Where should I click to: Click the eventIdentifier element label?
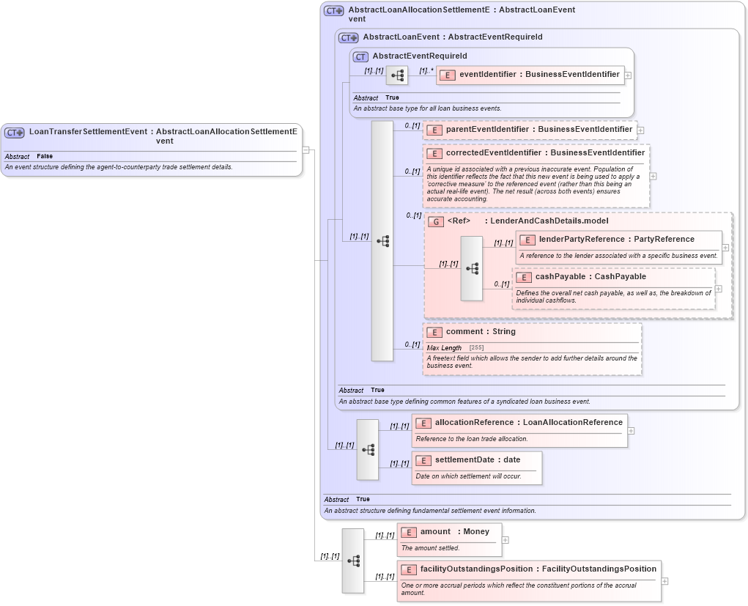(x=538, y=74)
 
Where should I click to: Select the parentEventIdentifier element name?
(x=538, y=130)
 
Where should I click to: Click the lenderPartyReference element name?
(x=616, y=239)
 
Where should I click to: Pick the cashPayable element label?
(x=590, y=277)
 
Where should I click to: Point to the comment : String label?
(x=480, y=332)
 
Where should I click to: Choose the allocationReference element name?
(x=528, y=423)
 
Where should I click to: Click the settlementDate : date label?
(x=477, y=460)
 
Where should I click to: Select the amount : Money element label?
(x=454, y=532)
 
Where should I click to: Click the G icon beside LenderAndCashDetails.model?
(x=436, y=221)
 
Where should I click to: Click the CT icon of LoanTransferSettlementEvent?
(x=15, y=133)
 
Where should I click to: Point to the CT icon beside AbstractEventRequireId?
(x=360, y=56)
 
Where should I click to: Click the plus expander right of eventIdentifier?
(x=628, y=75)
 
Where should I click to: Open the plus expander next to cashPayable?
(x=719, y=289)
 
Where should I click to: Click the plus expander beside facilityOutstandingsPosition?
(x=664, y=581)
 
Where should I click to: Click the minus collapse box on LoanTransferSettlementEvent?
(x=306, y=149)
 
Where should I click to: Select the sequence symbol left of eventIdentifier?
(x=397, y=75)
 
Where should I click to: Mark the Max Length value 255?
(x=476, y=348)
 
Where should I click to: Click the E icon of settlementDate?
(x=423, y=460)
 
